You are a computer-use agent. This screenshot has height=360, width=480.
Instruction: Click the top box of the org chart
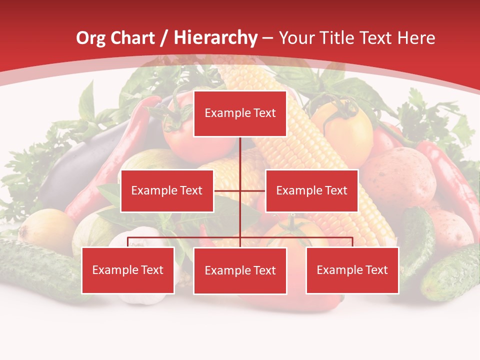pyautogui.click(x=240, y=113)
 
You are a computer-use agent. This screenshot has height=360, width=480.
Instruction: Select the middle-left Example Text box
pyautogui.click(x=167, y=190)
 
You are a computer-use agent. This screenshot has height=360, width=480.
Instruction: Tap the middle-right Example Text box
pyautogui.click(x=311, y=190)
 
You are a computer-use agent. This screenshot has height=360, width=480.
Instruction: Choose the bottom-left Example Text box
pyautogui.click(x=128, y=270)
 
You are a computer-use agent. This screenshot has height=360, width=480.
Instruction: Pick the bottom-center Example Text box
pyautogui.click(x=240, y=270)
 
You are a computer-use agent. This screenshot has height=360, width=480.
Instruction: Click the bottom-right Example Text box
pyautogui.click(x=352, y=270)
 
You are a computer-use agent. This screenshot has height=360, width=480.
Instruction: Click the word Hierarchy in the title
pyautogui.click(x=215, y=38)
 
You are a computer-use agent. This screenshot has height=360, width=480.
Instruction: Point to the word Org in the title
pyautogui.click(x=91, y=38)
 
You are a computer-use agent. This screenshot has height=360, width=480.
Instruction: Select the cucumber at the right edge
pyautogui.click(x=450, y=272)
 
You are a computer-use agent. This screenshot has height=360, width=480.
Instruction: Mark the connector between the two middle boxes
pyautogui.click(x=240, y=190)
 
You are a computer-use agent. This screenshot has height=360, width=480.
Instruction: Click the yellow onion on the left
pyautogui.click(x=47, y=230)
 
